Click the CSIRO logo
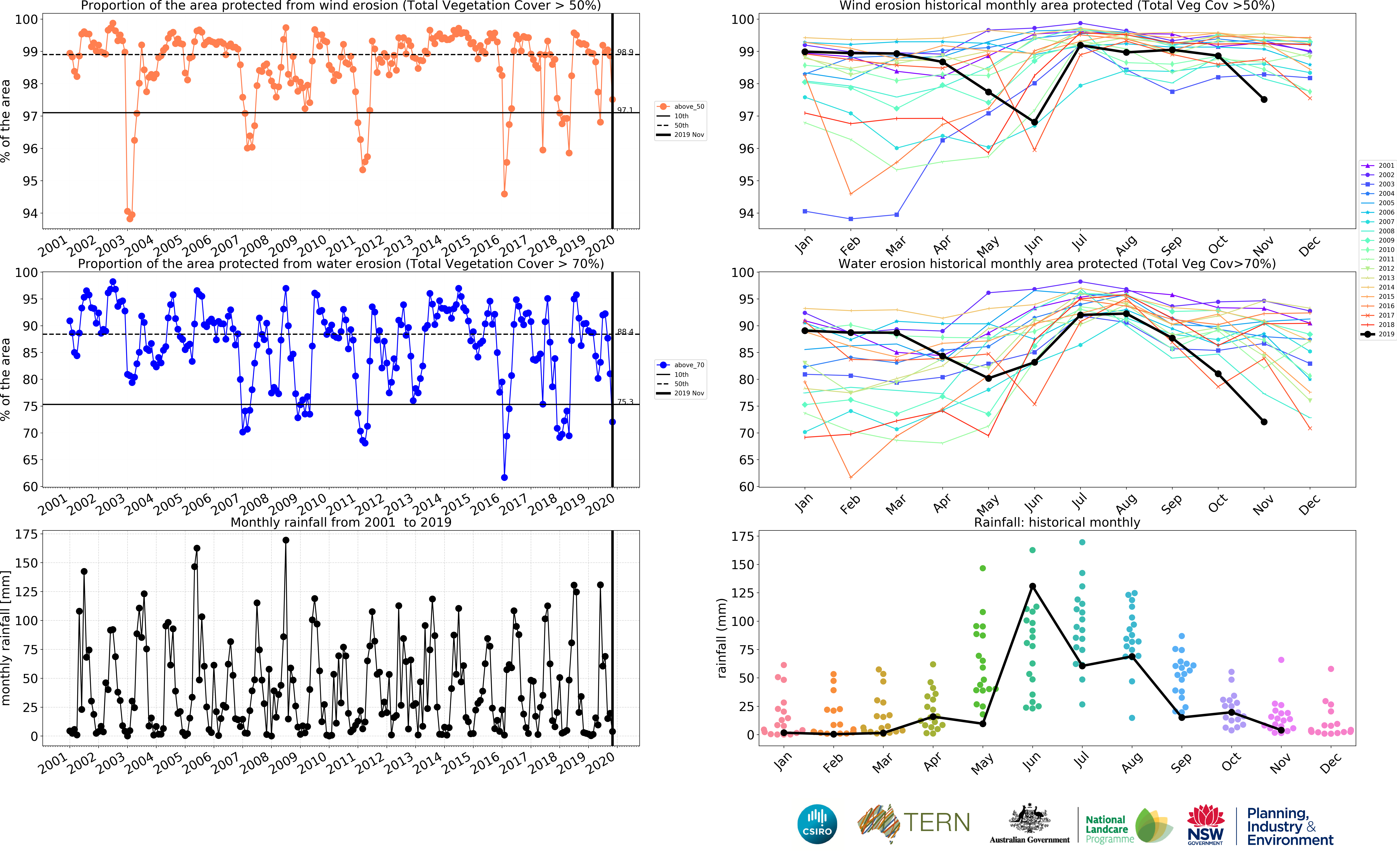pyautogui.click(x=817, y=824)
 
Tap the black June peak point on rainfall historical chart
pyautogui.click(x=1032, y=586)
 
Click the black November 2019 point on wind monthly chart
pyautogui.click(x=1264, y=100)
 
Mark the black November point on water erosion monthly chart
pyautogui.click(x=1264, y=422)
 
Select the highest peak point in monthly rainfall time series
pyautogui.click(x=286, y=540)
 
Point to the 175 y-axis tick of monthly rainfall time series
pyautogui.click(x=26, y=534)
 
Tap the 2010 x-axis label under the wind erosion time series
pyautogui.click(x=313, y=246)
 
